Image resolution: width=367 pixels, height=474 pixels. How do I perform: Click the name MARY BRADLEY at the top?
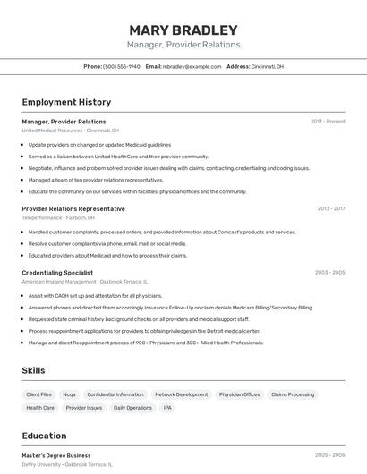pos(183,30)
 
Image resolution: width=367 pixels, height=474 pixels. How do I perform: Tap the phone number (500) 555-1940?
pos(122,67)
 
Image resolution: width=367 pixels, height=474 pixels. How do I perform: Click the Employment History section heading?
pos(66,102)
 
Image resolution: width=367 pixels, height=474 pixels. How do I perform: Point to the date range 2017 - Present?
pos(328,121)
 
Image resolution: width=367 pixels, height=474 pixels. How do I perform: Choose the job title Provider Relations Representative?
pos(73,208)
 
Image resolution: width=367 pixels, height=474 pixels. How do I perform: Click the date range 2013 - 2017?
pos(330,208)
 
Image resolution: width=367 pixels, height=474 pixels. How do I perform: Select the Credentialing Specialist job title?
pos(57,272)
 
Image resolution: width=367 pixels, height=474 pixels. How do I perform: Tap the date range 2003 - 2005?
pos(329,272)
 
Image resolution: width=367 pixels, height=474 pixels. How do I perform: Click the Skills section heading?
pos(34,370)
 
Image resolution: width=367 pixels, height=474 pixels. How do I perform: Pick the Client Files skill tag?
pos(39,394)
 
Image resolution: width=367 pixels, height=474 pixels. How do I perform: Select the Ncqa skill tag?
pos(69,394)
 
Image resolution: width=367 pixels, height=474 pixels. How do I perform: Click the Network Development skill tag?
pos(181,394)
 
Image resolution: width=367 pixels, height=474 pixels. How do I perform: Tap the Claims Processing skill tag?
pos(293,394)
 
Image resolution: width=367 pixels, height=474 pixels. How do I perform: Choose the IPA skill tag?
pos(167,408)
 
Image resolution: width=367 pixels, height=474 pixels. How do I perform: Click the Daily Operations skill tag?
pos(132,408)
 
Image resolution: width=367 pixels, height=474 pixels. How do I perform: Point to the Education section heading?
pos(44,436)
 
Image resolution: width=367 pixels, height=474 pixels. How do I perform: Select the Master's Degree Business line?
pos(56,455)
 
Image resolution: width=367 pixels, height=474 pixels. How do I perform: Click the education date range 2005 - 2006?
pos(329,455)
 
